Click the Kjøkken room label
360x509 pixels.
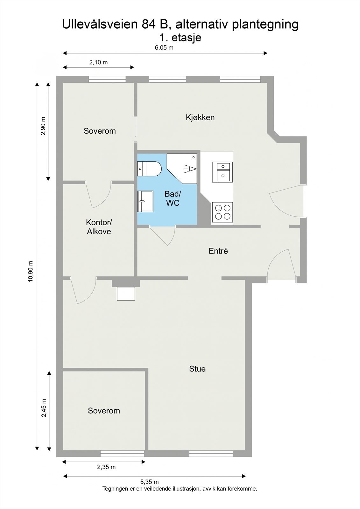(x=200, y=117)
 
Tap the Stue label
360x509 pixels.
(x=197, y=369)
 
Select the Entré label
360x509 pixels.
(x=218, y=251)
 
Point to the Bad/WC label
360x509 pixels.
(x=173, y=199)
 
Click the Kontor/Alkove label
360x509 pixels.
(x=99, y=227)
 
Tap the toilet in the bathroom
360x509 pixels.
(x=149, y=169)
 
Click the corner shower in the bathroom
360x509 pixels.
(x=182, y=169)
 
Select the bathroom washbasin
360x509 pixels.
(x=145, y=201)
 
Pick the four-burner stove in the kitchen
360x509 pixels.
(x=222, y=212)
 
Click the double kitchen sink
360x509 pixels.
(x=222, y=172)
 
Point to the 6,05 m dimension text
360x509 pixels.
(x=164, y=47)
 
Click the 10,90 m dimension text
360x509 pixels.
(x=31, y=271)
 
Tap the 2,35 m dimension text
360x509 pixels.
(x=106, y=467)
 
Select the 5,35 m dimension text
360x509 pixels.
(x=149, y=482)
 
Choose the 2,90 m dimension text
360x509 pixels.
(x=43, y=126)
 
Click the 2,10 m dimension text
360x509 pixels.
(x=98, y=62)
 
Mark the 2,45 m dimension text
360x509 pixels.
(x=44, y=408)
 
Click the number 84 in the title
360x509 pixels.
(x=149, y=24)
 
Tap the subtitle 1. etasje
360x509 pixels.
(x=180, y=38)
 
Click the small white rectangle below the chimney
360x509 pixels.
(x=126, y=294)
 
